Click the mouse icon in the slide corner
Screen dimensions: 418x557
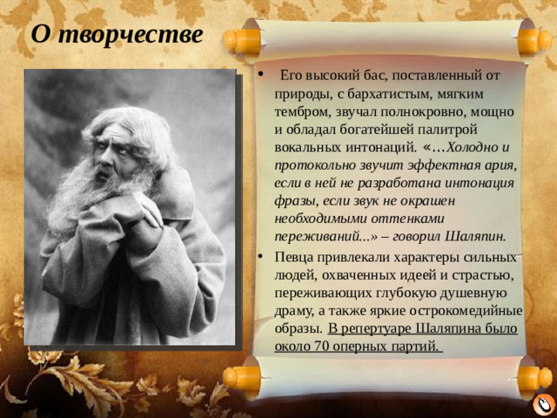click(541, 405)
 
